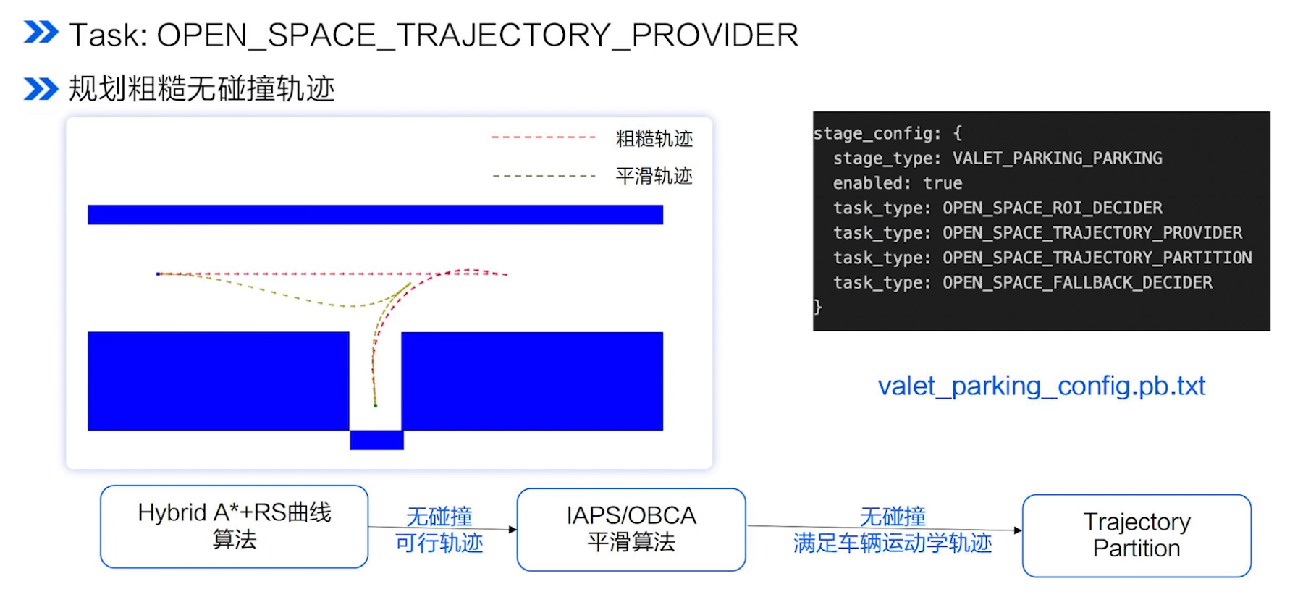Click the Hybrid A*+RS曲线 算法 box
[234, 526]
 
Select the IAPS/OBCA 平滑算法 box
[631, 529]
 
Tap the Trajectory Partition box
[1136, 535]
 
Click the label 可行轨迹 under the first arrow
[439, 543]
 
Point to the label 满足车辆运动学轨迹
[892, 543]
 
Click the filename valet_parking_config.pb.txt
[1041, 386]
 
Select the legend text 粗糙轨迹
[654, 138]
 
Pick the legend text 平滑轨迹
[654, 176]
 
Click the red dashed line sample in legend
[543, 137]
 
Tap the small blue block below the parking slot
[376, 440]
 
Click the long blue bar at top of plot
[375, 215]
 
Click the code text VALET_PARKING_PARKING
[1057, 158]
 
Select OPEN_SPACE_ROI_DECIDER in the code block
[1052, 208]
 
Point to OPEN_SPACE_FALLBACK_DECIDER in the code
[1076, 283]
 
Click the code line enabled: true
[897, 183]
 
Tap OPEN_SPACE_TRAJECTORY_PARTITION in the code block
[1096, 258]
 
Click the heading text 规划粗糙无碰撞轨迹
[201, 89]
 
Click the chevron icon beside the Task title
[41, 33]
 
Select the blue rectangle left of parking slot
[218, 381]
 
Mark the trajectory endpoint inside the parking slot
[375, 405]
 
